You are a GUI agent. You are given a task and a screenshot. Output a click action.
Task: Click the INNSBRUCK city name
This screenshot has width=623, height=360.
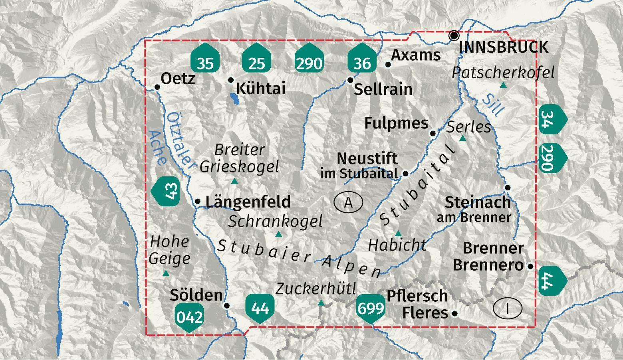503,47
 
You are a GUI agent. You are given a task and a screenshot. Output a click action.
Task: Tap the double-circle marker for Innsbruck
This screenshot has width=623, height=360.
454,36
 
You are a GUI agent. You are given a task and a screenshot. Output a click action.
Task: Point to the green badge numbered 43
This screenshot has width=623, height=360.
167,191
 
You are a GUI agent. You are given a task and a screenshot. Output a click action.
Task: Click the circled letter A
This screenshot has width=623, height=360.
348,202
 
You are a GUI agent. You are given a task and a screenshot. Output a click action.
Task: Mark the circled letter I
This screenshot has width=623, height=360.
508,309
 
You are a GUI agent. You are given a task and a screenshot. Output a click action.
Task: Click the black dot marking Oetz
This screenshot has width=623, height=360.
157,87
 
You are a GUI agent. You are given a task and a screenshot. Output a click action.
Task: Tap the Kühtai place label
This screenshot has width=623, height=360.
261,88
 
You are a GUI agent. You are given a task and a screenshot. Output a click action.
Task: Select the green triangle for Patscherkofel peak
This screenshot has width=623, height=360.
504,85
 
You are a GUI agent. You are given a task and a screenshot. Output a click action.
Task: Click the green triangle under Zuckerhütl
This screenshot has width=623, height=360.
321,303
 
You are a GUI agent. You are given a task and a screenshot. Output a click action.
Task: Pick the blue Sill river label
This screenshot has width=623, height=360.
493,105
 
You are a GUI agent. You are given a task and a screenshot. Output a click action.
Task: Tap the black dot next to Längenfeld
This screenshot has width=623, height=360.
198,202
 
